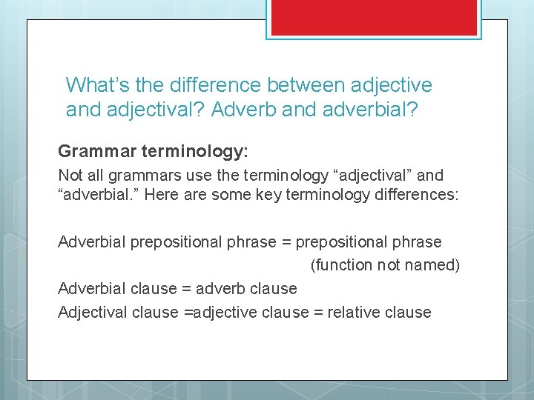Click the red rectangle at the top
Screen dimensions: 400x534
(x=374, y=16)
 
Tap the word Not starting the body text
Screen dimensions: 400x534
(x=71, y=176)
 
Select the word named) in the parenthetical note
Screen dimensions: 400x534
(x=434, y=264)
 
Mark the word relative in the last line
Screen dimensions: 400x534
(x=347, y=312)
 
